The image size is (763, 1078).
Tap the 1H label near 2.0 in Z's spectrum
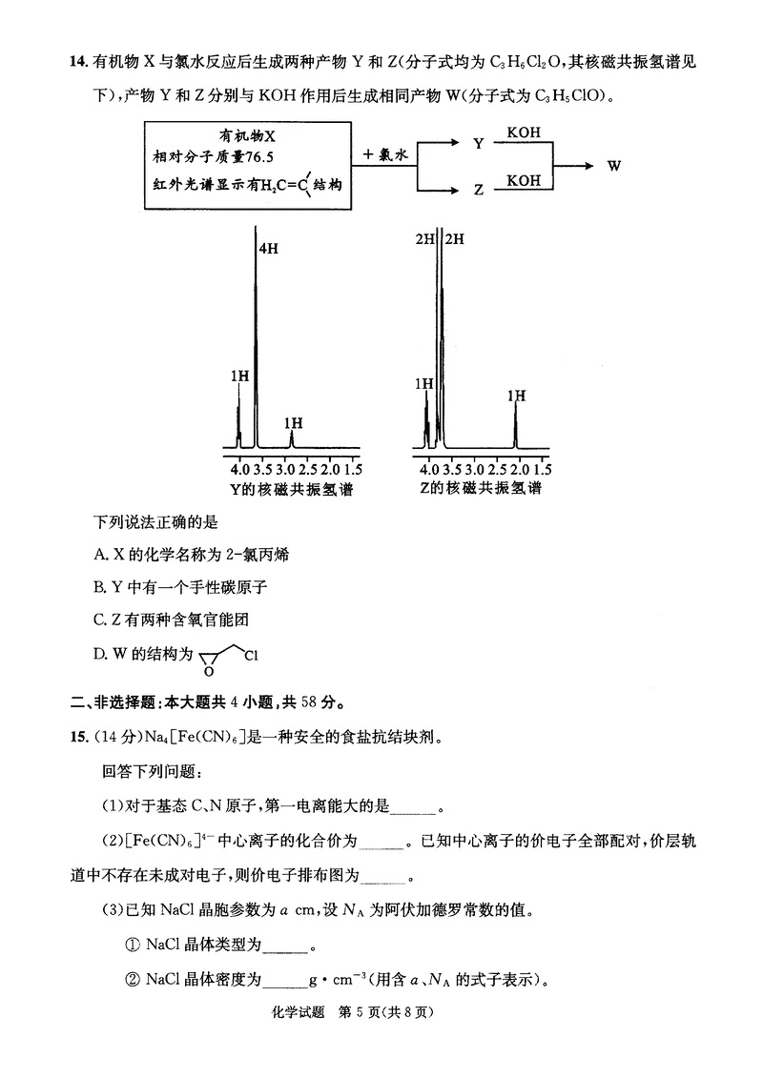(516, 396)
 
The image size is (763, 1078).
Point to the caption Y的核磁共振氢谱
(291, 488)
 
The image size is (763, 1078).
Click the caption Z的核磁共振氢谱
(480, 488)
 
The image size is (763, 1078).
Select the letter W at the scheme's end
(614, 165)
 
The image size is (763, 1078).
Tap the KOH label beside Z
(524, 180)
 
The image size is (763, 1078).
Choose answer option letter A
(99, 555)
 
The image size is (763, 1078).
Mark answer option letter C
(99, 620)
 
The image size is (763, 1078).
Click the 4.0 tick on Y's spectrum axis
(239, 470)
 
